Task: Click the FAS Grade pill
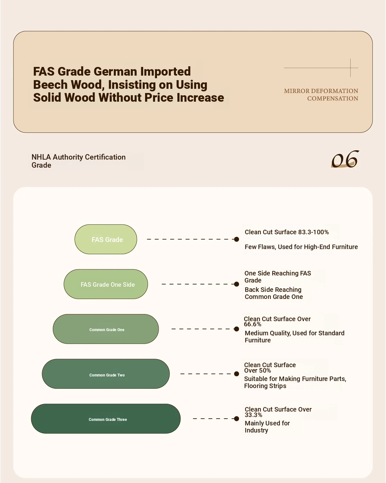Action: coord(106,239)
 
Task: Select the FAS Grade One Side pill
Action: coord(106,284)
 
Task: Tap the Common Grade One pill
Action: coord(106,329)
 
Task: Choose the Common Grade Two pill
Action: coord(106,374)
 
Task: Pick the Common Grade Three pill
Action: coord(106,419)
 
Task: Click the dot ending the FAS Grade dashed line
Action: coord(236,239)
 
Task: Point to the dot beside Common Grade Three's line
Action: coord(236,419)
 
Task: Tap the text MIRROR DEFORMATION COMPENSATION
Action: coord(321,95)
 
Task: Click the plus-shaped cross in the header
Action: coord(350,68)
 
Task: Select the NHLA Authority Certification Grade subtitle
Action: coord(78,161)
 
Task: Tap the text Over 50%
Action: coord(257,371)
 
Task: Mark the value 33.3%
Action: coord(253,415)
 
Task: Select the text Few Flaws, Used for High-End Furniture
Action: coord(301,247)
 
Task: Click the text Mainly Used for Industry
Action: coord(267,427)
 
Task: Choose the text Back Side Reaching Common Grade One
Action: coord(274,293)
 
